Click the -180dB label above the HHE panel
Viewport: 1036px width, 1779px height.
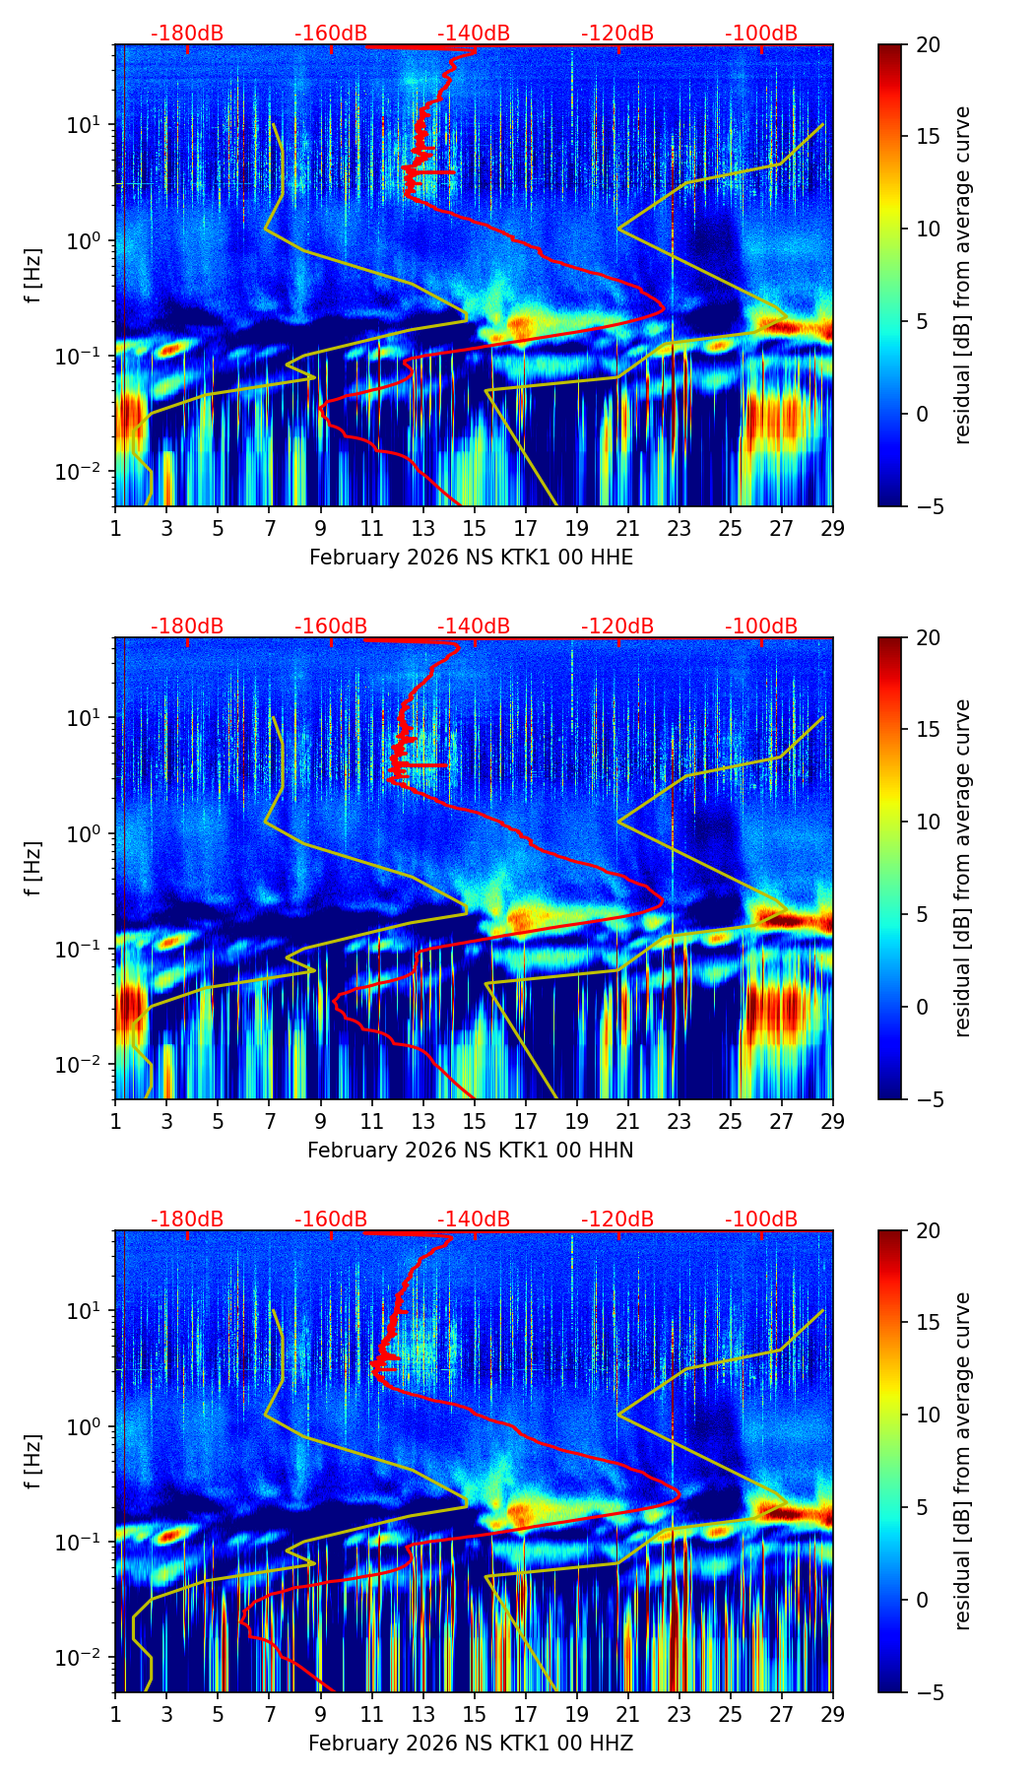click(x=187, y=33)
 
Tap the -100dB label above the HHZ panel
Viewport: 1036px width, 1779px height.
click(x=761, y=1219)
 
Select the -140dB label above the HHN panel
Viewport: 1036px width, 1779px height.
click(x=474, y=626)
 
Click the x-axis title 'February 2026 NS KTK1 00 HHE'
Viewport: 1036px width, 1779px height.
click(x=471, y=558)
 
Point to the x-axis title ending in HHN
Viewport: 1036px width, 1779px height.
click(x=471, y=1151)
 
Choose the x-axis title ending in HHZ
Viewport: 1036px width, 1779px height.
click(x=471, y=1744)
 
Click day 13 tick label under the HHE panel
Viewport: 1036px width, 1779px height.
click(x=423, y=528)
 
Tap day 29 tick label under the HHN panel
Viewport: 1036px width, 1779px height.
click(x=833, y=1121)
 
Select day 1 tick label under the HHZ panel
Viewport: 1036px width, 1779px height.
click(x=115, y=1714)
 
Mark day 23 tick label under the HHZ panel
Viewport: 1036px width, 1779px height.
click(x=680, y=1714)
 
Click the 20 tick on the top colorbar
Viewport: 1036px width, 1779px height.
click(x=928, y=45)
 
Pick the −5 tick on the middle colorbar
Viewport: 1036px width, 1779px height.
click(x=928, y=1099)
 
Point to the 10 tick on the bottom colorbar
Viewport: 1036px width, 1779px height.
click(x=928, y=1416)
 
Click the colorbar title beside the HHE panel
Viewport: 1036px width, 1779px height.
click(x=963, y=275)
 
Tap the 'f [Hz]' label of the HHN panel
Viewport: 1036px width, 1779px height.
click(x=33, y=868)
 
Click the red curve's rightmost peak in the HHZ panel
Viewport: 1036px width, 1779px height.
click(x=680, y=1495)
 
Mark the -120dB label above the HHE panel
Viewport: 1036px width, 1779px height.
click(x=617, y=33)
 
